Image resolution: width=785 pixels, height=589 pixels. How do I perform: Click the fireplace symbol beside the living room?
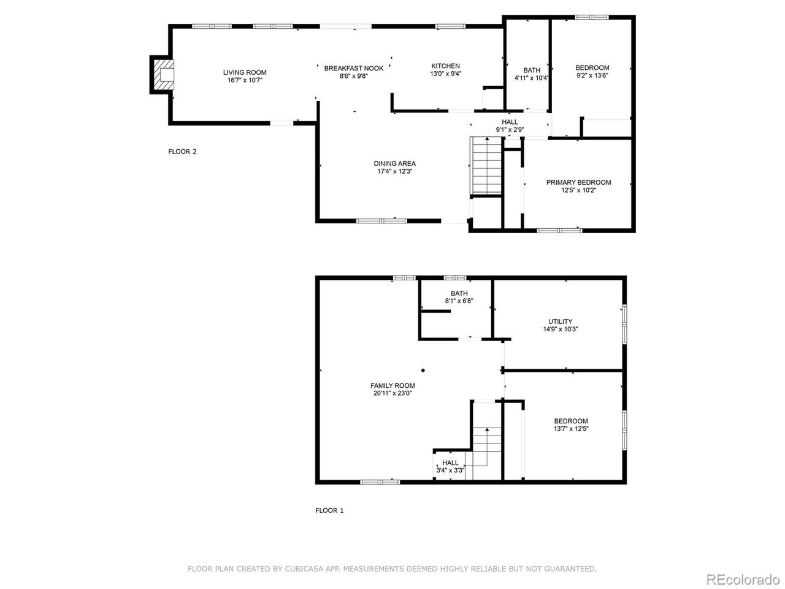point(163,75)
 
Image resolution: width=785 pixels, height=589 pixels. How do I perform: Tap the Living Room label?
point(245,72)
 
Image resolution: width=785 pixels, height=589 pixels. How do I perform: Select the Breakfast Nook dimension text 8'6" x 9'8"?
point(353,76)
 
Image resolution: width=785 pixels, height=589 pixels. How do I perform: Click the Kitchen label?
point(445,66)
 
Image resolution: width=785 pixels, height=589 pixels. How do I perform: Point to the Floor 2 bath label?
point(532,70)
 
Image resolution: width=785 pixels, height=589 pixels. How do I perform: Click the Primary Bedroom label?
point(578,182)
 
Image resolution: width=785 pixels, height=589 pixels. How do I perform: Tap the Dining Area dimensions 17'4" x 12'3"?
point(394,172)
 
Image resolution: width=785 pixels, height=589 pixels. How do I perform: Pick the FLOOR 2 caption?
point(182,152)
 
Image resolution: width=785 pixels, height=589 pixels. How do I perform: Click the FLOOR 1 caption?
point(329,510)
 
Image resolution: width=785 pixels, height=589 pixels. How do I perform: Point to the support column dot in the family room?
point(423,370)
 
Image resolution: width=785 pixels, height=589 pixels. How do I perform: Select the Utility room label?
point(560,321)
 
